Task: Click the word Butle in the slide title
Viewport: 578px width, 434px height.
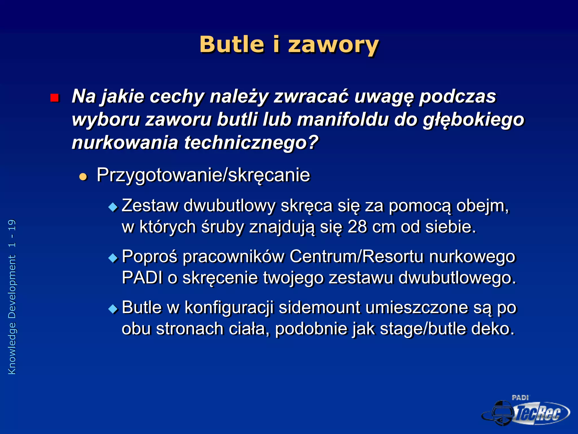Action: (x=232, y=45)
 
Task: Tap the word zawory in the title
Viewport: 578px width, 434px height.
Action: (x=333, y=45)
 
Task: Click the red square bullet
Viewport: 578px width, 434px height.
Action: (x=54, y=98)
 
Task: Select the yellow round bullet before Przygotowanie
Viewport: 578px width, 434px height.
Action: (x=83, y=177)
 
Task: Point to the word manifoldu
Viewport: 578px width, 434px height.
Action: (x=343, y=120)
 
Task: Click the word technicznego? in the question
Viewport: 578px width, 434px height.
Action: (x=251, y=143)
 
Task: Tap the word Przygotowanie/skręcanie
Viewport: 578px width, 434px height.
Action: (x=203, y=175)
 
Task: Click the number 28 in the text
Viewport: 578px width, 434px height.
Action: (x=357, y=227)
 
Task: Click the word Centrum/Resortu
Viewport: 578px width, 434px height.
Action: (x=357, y=257)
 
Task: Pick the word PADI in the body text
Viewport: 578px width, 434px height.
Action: (x=142, y=278)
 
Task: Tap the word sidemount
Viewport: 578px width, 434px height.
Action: (x=319, y=307)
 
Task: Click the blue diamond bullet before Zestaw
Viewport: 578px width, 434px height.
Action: (x=113, y=207)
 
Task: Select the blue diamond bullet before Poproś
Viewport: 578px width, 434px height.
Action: (x=113, y=258)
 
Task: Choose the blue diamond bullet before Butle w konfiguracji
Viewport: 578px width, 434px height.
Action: (x=113, y=309)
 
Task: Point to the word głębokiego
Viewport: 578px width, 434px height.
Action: (x=473, y=120)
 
